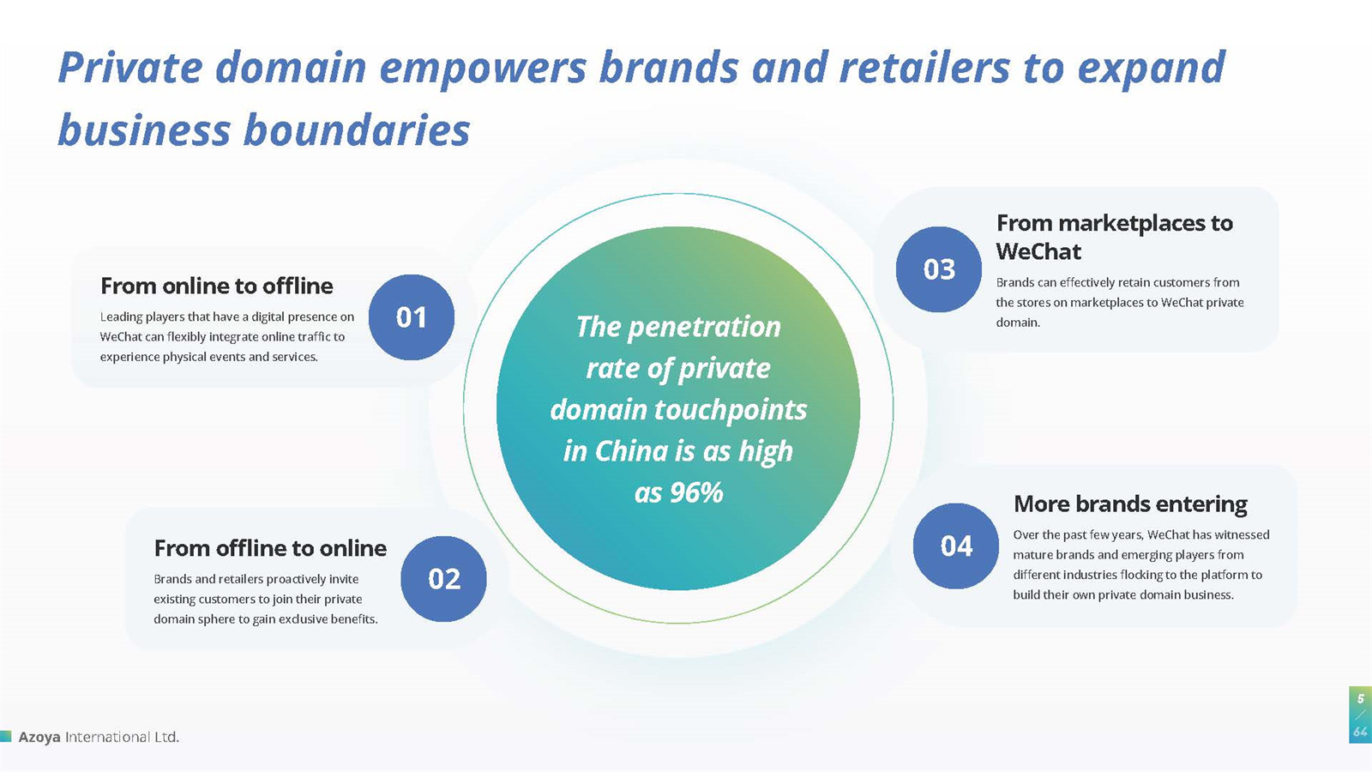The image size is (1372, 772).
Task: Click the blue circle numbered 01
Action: tap(412, 317)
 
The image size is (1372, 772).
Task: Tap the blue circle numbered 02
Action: tap(444, 579)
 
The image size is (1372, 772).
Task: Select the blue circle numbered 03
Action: tap(939, 269)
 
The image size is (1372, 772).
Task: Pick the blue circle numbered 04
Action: tap(956, 546)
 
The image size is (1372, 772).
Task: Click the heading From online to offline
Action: tap(217, 286)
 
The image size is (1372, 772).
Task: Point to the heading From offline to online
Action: tap(270, 548)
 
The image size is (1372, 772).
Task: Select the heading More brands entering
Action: tap(1131, 504)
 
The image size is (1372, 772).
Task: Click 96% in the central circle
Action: tap(697, 492)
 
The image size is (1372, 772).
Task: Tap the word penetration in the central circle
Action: tap(704, 327)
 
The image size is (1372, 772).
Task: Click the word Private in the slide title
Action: tap(130, 67)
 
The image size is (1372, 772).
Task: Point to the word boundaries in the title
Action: tap(357, 130)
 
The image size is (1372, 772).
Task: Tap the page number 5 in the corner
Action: tap(1360, 698)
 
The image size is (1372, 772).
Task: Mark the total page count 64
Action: tap(1360, 732)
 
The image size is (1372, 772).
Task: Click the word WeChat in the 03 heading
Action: tap(1038, 252)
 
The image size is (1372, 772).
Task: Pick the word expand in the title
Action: tap(1152, 69)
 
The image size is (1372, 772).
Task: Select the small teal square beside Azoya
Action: tap(5, 736)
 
